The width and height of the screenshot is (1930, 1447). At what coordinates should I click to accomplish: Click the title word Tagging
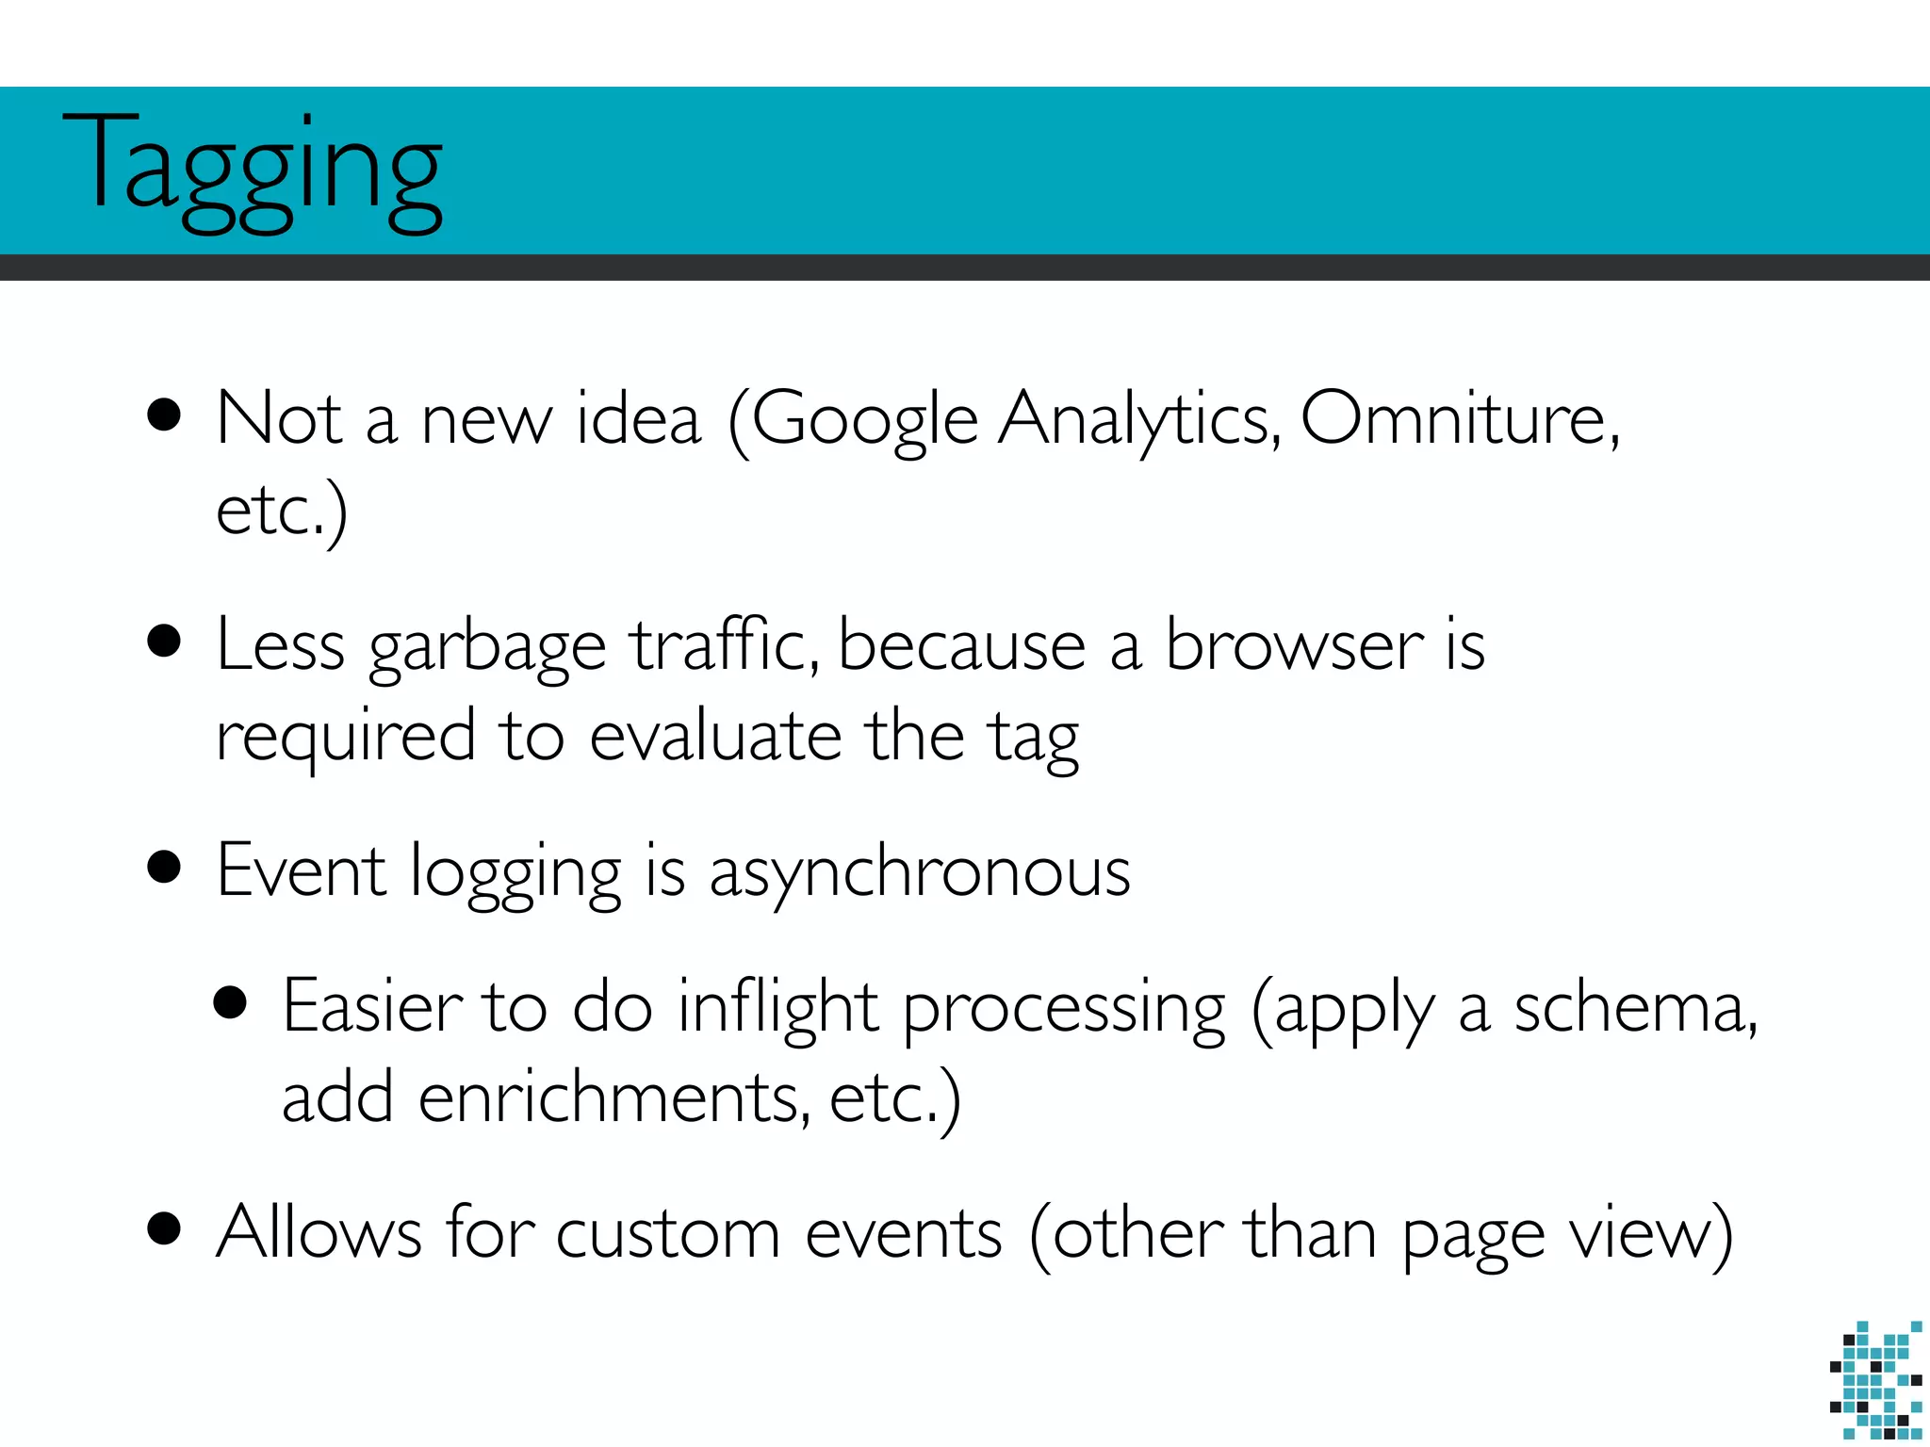coord(253,170)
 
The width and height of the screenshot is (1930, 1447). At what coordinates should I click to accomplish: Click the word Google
coord(864,420)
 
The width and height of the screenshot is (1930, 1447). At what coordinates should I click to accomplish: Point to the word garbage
coord(487,649)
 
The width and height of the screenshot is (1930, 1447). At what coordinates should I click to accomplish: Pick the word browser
coord(1294,645)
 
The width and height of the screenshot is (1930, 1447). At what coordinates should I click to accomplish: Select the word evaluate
coord(716,736)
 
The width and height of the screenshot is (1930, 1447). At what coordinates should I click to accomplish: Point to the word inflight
coord(778,1008)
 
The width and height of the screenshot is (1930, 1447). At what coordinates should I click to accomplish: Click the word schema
coord(1634,1008)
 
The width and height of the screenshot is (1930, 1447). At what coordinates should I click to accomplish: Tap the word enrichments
coord(613,1097)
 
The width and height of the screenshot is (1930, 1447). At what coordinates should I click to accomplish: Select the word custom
coord(668,1234)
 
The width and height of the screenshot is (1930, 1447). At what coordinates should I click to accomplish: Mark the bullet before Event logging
coord(165,868)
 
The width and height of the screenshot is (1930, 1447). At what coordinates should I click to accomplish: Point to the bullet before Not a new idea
coord(165,415)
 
